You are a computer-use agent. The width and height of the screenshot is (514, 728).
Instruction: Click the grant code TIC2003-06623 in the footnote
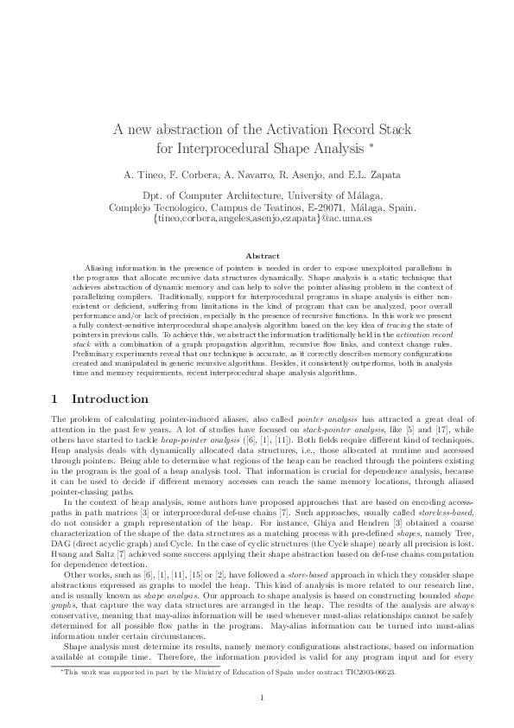point(371,671)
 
